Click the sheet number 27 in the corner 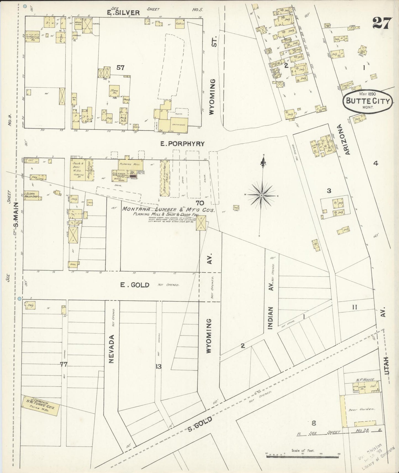click(382, 23)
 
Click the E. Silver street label click(124, 12)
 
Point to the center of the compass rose click(261, 195)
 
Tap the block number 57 click(120, 68)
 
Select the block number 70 click(200, 203)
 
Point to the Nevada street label click(111, 349)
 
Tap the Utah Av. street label click(386, 348)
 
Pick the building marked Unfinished click(179, 125)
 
